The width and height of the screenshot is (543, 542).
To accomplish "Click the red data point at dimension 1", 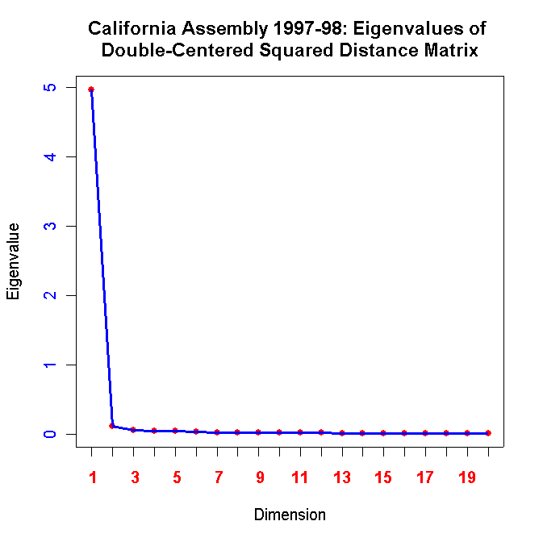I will coord(91,89).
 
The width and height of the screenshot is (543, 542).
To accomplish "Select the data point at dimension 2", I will coord(112,426).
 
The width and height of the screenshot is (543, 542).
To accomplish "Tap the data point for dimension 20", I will coord(488,433).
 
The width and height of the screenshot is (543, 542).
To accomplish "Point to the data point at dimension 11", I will coord(300,432).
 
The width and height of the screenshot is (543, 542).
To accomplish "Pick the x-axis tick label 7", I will coord(217,477).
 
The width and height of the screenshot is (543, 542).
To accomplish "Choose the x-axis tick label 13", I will coord(342,477).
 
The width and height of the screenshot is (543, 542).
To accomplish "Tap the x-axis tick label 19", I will coord(467,477).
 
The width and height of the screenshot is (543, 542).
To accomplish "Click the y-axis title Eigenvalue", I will coord(13,261).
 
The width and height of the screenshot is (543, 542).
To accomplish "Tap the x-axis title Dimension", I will coord(290,515).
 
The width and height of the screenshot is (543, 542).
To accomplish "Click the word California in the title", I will coord(132,30).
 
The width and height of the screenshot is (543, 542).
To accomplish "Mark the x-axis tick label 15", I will coord(384,477).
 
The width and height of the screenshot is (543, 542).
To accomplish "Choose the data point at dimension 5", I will coord(175,431).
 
